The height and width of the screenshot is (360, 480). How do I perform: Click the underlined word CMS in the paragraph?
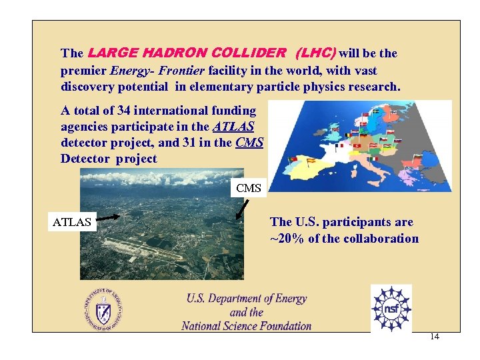tap(250, 142)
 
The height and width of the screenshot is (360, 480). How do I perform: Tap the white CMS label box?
tap(249, 188)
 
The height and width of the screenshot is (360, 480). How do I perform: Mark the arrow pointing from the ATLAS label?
tap(109, 216)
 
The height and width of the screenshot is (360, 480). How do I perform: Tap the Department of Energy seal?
tap(103, 309)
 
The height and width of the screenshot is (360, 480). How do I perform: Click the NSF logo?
tap(391, 307)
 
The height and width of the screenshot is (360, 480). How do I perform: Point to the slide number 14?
tap(434, 337)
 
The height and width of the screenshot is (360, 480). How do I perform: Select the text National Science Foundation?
tap(246, 326)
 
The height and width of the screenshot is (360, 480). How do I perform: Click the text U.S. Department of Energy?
tap(247, 299)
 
